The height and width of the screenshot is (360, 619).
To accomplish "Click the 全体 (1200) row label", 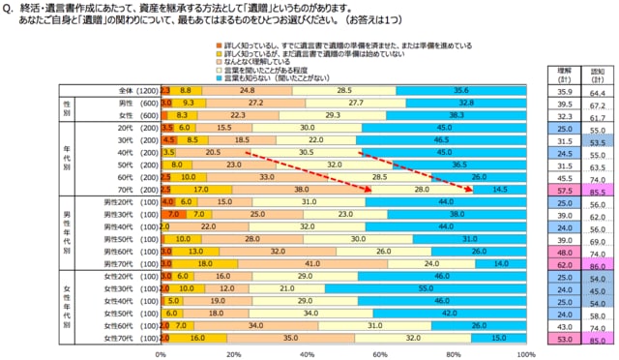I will pyautogui.click(x=121, y=89).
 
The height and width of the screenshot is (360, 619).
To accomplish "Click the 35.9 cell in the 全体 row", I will pyautogui.click(x=555, y=89).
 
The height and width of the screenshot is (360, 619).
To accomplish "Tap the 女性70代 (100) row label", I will pyautogui.click(x=117, y=339).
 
